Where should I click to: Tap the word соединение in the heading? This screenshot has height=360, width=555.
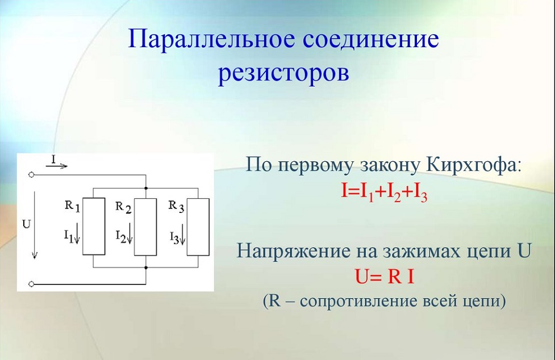(x=371, y=39)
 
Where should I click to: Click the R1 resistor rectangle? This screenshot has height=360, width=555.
(x=94, y=227)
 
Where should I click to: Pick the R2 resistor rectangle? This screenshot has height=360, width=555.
(x=145, y=227)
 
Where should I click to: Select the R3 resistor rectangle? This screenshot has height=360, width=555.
(x=198, y=227)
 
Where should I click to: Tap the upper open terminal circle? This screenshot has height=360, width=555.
(x=31, y=175)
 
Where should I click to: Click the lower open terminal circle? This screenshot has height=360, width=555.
(x=31, y=283)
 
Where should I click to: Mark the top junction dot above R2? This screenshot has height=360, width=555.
(x=146, y=188)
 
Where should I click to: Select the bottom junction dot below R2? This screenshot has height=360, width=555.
(x=146, y=267)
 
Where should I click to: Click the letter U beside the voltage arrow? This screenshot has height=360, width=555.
(x=26, y=224)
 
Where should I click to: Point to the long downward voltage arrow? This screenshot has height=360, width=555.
(x=35, y=225)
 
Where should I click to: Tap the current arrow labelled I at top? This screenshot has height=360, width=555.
(x=57, y=166)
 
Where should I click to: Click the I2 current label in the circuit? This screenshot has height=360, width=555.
(x=124, y=236)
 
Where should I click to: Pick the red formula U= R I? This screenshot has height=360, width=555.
(x=385, y=277)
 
